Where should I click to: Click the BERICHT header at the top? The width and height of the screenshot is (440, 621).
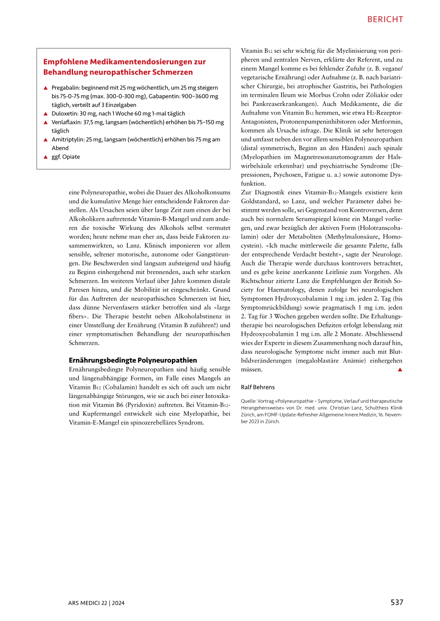point(385,19)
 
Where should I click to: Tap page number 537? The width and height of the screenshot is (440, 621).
point(397,602)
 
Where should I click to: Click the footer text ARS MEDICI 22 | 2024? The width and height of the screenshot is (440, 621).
point(96,603)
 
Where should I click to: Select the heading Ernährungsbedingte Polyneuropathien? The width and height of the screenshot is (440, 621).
point(133,360)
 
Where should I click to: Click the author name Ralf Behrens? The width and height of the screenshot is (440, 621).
point(257,387)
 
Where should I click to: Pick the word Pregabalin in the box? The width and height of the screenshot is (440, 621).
point(65,87)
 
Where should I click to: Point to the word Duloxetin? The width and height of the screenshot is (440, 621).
point(64,114)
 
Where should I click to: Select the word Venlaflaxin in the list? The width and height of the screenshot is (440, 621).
point(66,122)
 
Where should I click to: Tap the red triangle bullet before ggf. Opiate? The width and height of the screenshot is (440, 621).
point(46,157)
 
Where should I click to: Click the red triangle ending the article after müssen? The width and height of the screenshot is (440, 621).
point(400,370)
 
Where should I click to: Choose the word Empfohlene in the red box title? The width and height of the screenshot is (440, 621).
point(65,62)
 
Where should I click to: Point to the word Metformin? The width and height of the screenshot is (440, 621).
point(388,121)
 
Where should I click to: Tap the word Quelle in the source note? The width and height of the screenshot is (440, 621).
point(248,401)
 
